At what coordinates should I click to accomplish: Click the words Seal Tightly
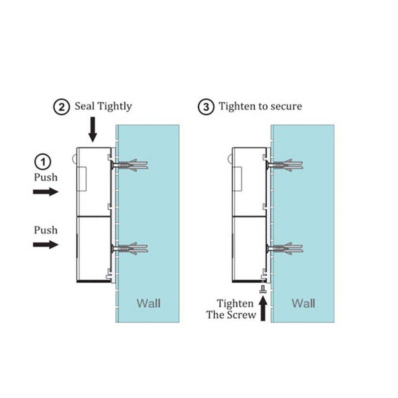click(103, 106)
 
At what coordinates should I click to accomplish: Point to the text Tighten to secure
click(260, 106)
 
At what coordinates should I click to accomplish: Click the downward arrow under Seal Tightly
click(93, 131)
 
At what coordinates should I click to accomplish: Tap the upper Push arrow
click(45, 192)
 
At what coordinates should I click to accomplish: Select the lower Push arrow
click(45, 245)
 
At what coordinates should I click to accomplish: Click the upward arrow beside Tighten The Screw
click(263, 308)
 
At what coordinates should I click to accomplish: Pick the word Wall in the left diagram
click(149, 303)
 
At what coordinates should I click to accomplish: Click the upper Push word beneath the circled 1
click(46, 177)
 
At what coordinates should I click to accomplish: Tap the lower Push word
click(46, 230)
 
